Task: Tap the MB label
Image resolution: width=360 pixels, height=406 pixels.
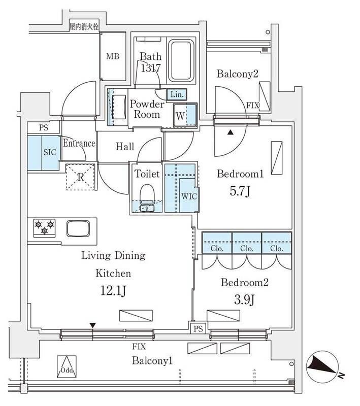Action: pyautogui.click(x=112, y=56)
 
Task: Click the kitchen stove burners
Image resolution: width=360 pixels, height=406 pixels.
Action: pyautogui.click(x=44, y=227)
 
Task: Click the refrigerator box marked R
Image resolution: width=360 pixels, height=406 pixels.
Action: pyautogui.click(x=81, y=178)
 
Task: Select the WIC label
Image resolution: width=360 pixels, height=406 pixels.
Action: pyautogui.click(x=188, y=195)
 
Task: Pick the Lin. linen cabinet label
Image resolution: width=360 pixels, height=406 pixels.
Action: pyautogui.click(x=177, y=94)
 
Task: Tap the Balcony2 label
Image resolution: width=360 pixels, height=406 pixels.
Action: pyautogui.click(x=238, y=74)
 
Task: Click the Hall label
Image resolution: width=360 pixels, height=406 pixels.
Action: pyautogui.click(x=125, y=147)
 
